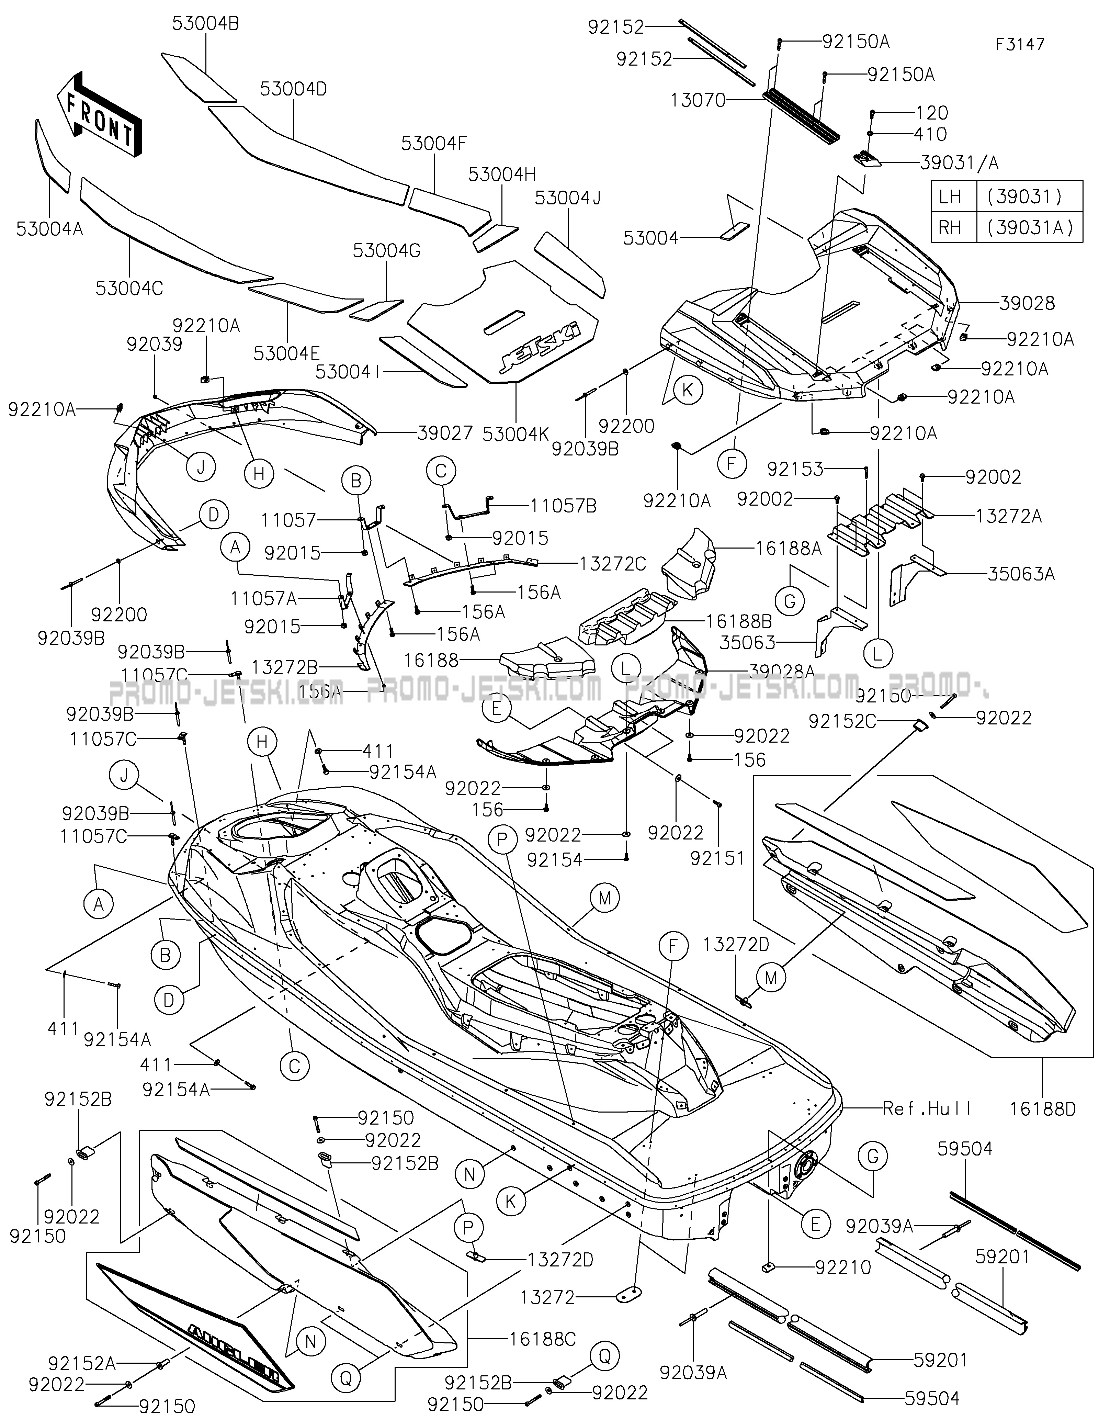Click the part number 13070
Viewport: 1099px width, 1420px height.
(698, 100)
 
